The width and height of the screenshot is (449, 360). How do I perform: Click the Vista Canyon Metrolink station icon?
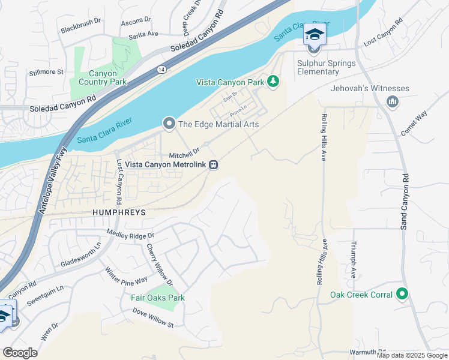[x=212, y=166]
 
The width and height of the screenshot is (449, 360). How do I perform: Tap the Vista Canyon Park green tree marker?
[x=273, y=81]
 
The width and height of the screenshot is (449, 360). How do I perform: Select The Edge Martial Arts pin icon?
[x=169, y=124]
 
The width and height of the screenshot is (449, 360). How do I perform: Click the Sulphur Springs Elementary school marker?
[x=314, y=35]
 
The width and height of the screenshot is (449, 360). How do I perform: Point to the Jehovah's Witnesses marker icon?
[x=393, y=101]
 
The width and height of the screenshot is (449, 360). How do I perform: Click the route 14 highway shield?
[x=161, y=70]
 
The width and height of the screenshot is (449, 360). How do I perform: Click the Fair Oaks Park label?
[x=158, y=298]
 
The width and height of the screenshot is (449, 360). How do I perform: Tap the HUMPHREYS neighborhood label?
[x=119, y=212]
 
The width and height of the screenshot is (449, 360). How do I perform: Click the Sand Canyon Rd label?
[x=405, y=201]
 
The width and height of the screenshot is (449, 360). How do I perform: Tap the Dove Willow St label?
[x=153, y=317]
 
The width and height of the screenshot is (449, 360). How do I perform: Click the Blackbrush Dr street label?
[x=80, y=29]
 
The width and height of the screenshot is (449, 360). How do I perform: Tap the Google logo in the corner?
[x=20, y=352]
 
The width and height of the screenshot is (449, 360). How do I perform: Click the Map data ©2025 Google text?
[x=412, y=355]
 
